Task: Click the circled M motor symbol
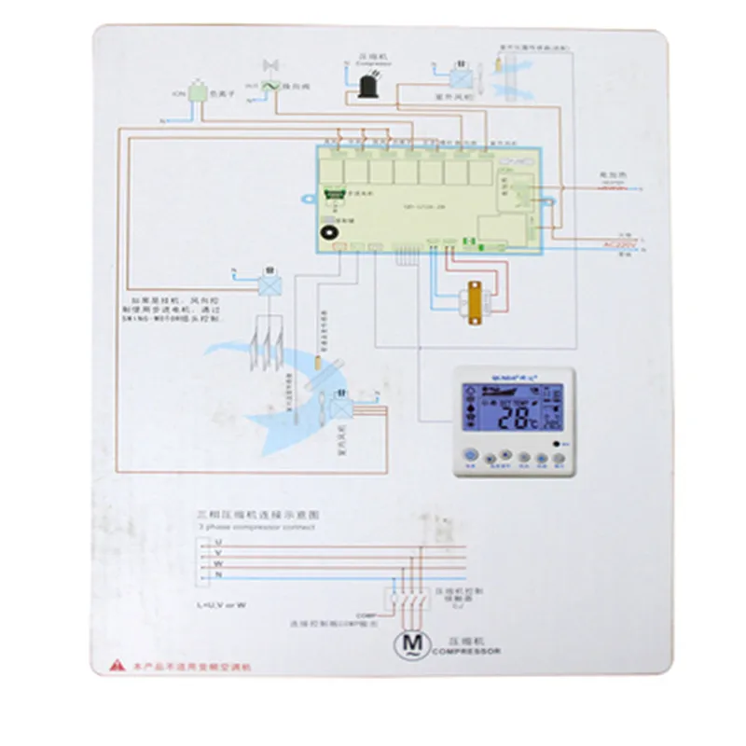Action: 410,643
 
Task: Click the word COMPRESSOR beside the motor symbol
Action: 465,651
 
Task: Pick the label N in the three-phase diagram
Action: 217,574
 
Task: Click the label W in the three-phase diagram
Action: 217,563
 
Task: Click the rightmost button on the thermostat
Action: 559,459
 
